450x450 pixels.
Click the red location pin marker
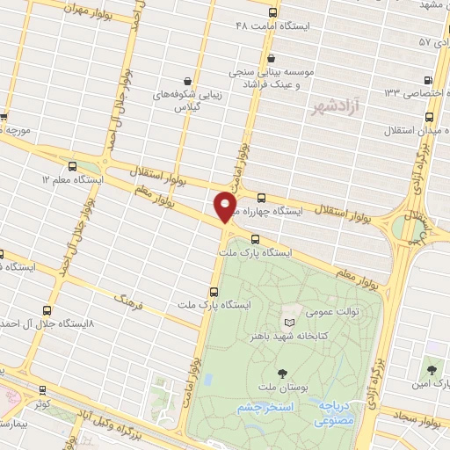point(226,207)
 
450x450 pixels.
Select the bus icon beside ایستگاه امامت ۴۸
point(272,14)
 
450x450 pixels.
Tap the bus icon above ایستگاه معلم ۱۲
point(72,165)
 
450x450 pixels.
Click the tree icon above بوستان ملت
point(281,373)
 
